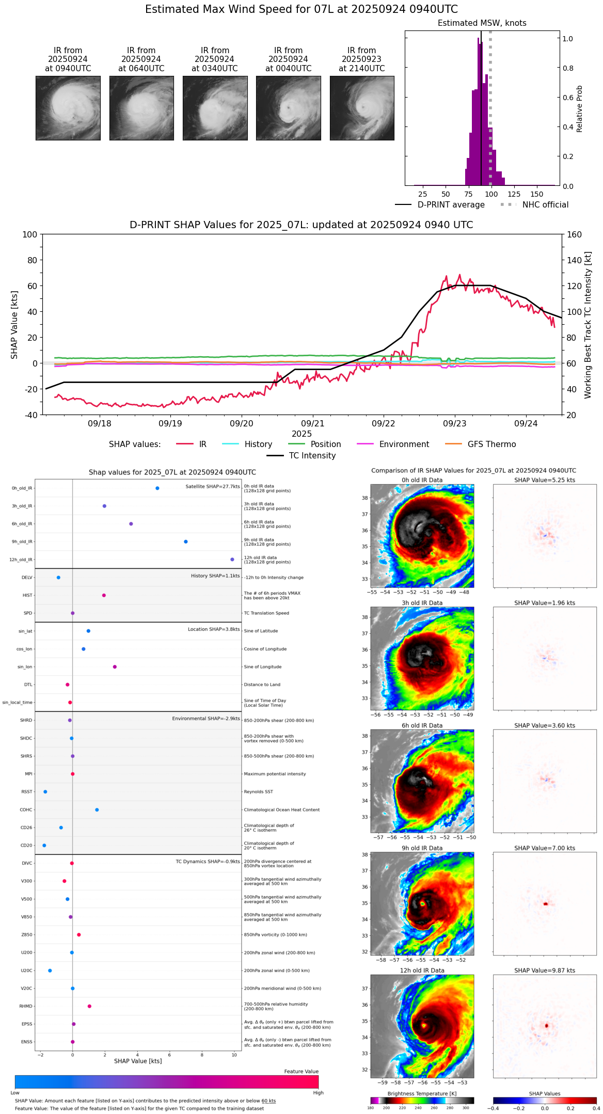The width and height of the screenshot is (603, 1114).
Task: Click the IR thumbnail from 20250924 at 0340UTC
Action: pos(215,108)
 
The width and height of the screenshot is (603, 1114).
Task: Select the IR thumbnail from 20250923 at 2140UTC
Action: pos(362,108)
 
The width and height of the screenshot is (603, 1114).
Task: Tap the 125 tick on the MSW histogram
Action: pos(514,194)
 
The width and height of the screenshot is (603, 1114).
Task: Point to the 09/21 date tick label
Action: pos(313,423)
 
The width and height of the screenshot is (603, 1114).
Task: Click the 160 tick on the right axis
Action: pos(575,235)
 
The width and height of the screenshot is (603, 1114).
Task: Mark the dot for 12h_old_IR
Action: pos(232,560)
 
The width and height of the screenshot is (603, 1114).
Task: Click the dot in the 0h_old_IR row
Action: pos(157,488)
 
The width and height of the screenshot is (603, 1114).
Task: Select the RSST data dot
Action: pos(45,792)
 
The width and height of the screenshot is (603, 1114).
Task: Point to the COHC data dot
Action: pos(97,810)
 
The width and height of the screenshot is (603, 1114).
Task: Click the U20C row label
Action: pos(26,970)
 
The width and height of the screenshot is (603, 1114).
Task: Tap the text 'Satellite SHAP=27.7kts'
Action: pos(213,486)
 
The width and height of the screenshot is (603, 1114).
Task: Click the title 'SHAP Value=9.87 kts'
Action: pos(545,970)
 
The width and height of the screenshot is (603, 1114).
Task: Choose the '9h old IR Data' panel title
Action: pos(422,848)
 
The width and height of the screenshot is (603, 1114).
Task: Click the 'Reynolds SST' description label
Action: pos(259,792)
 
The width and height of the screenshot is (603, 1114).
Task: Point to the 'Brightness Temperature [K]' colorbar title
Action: pos(422,1093)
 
